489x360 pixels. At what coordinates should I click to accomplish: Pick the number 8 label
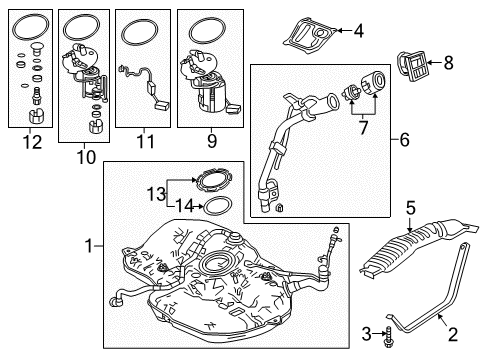(447, 66)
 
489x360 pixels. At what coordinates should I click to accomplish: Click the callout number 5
(409, 208)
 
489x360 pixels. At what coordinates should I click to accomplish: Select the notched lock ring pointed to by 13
(211, 182)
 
